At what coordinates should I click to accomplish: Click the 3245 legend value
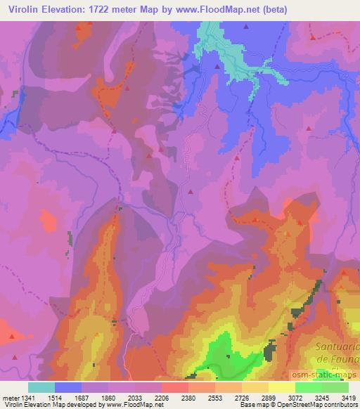323,397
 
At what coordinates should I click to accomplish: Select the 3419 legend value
349,397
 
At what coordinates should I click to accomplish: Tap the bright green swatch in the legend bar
308,387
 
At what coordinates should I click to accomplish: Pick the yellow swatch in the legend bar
281,387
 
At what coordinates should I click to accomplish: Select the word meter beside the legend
8,397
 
